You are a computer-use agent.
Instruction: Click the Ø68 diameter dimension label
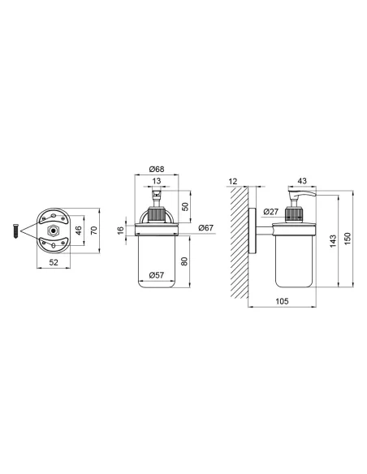(x=157, y=169)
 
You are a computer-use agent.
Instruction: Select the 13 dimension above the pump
(x=157, y=181)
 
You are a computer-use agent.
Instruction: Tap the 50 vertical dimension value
(x=185, y=207)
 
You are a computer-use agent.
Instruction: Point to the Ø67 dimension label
(x=206, y=227)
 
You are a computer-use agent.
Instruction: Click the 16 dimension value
(x=121, y=230)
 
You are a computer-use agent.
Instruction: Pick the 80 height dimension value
(x=184, y=261)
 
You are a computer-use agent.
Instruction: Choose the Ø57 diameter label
(x=157, y=275)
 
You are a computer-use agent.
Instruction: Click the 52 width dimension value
(x=54, y=262)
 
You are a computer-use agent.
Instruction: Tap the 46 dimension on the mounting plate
(x=78, y=231)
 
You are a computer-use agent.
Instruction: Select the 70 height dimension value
(x=94, y=231)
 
